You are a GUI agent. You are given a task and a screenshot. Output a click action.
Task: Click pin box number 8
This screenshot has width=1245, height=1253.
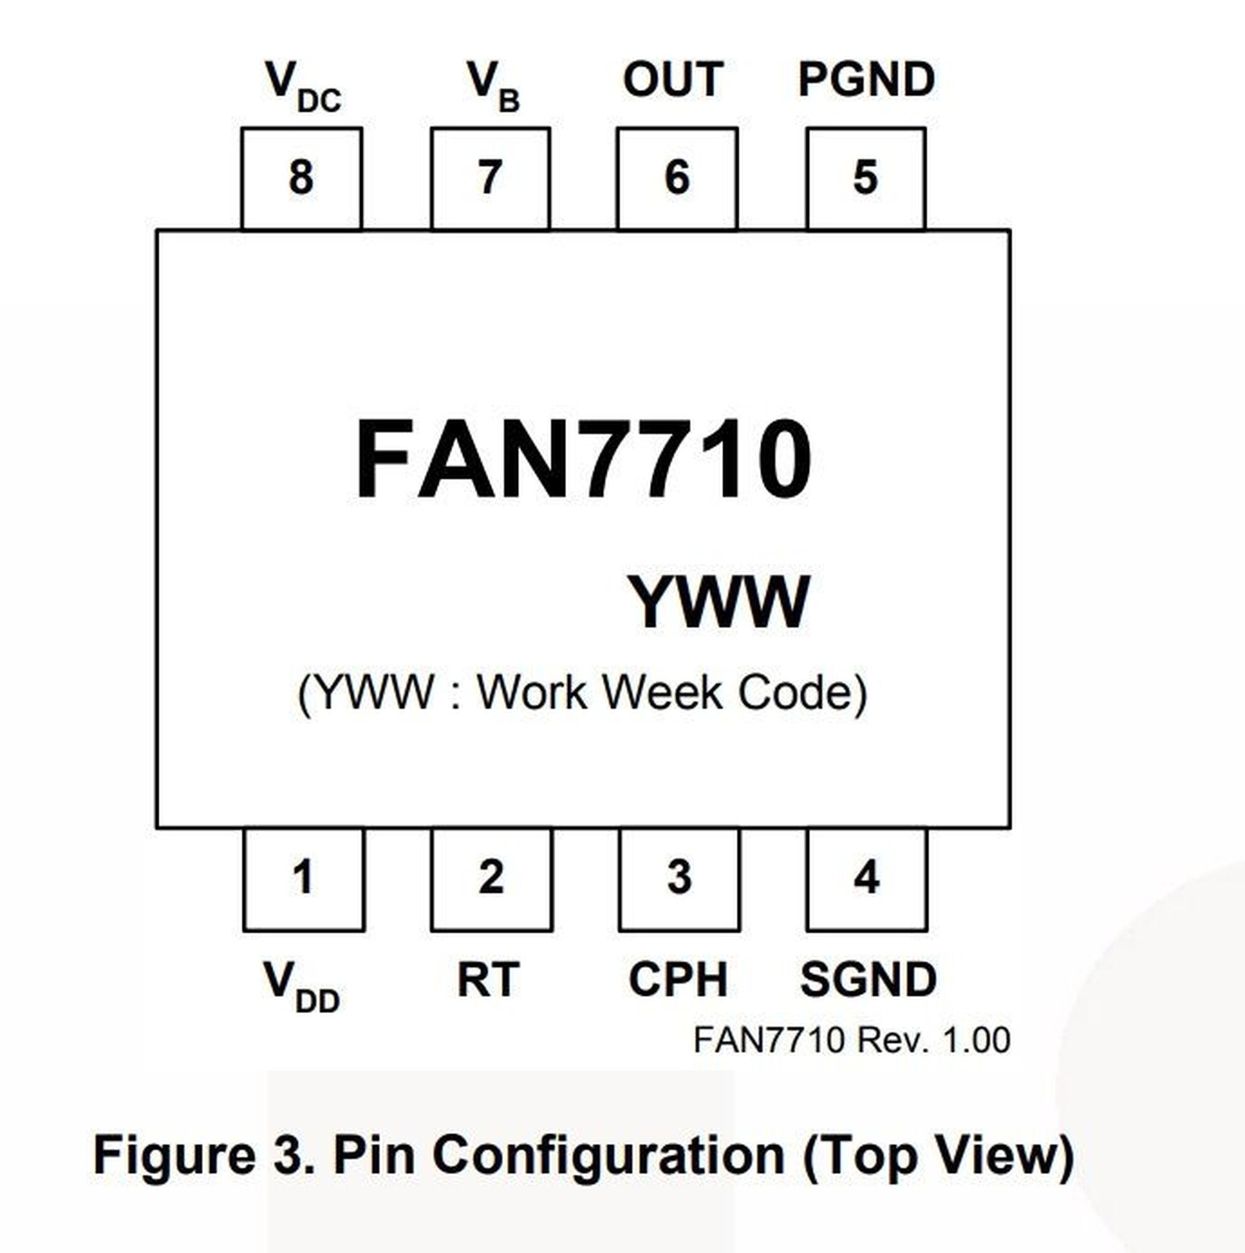301,179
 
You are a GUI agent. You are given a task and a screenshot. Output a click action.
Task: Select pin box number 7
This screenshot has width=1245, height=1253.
490,179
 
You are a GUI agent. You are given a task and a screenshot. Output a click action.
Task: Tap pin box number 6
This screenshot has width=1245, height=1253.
677,179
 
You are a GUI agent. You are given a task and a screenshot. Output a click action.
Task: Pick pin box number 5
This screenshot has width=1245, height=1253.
865,179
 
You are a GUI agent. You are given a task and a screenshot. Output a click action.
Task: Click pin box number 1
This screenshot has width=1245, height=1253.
304,880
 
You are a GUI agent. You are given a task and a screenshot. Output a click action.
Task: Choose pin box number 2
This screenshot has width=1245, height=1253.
492,880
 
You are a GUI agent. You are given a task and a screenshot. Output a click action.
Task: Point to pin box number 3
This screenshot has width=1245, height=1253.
679,880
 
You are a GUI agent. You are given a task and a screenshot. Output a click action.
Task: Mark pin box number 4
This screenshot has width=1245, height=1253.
867,880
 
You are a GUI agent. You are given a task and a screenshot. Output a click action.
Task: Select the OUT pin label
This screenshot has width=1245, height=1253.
673,80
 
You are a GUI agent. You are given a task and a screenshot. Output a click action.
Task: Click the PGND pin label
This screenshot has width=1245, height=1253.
866,80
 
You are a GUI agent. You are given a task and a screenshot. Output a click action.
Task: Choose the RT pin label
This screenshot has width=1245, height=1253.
488,980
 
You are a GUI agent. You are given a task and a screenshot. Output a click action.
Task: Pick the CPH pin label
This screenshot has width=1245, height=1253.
678,980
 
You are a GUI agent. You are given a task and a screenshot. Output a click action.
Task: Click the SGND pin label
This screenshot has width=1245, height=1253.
868,980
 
